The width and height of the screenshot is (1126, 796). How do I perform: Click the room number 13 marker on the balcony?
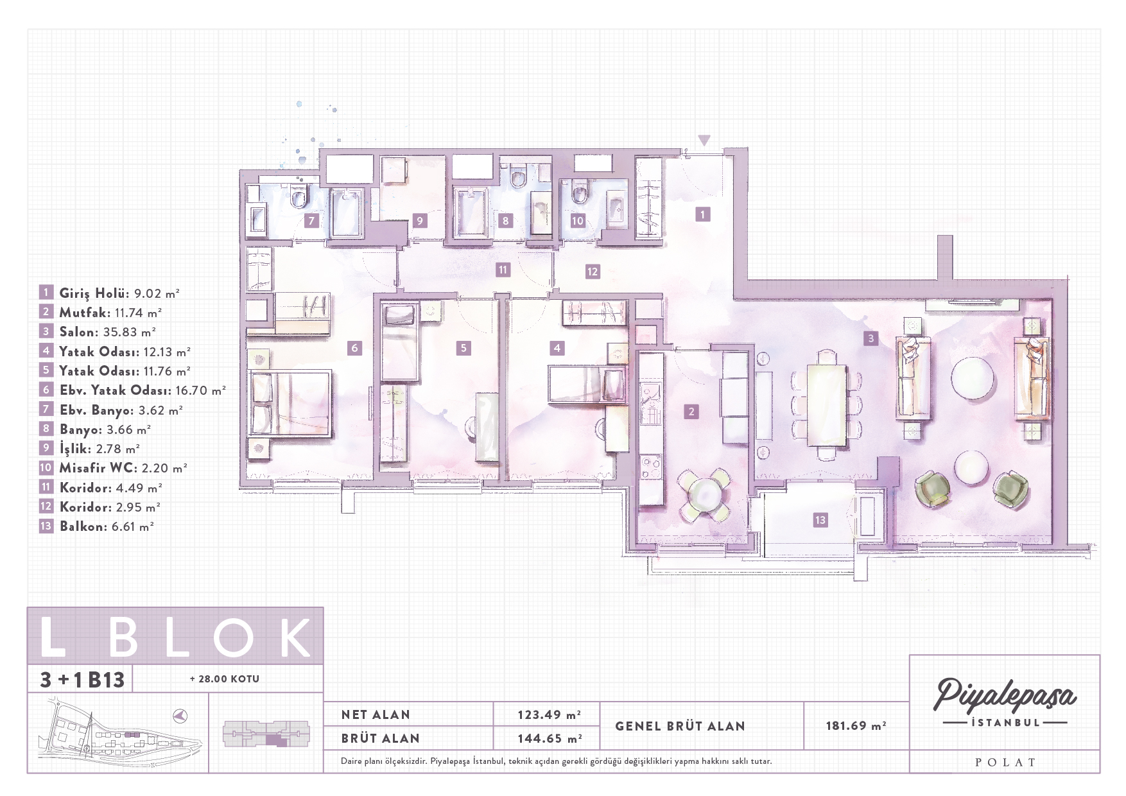coord(820,520)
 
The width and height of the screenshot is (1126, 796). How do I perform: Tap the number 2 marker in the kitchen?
coord(691,411)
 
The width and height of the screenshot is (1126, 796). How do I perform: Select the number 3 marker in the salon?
coord(870,338)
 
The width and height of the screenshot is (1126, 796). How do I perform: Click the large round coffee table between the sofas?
coord(972,378)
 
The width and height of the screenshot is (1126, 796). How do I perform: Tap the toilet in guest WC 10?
coord(580,191)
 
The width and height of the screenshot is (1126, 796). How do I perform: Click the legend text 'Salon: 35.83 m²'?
coord(107,332)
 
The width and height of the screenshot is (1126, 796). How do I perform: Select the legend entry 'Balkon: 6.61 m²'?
coord(107,526)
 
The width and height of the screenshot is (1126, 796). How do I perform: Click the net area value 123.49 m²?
coord(550,714)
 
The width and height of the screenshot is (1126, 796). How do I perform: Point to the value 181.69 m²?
coord(856,725)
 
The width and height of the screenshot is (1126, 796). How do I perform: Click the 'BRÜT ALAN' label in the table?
coord(380,738)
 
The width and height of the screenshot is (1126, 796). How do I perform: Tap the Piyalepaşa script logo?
coord(1004,695)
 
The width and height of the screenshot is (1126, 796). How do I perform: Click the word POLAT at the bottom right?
coord(1005,762)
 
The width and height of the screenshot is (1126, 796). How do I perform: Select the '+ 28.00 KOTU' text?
coord(225,679)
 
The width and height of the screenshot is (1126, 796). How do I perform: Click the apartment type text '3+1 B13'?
coord(82,679)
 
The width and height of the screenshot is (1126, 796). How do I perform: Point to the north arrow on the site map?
coord(180,715)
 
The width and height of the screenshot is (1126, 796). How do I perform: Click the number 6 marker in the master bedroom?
coord(354,348)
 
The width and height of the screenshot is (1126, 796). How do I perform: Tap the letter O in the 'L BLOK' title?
coord(234,637)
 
